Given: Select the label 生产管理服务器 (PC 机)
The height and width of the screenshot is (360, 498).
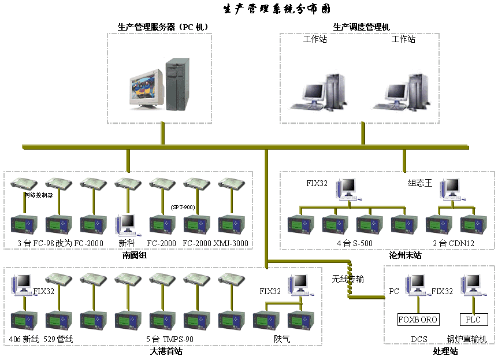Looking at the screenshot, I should click(162, 27).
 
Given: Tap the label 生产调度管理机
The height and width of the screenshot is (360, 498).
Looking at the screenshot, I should click(361, 27).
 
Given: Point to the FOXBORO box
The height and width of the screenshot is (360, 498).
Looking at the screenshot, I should click(418, 320).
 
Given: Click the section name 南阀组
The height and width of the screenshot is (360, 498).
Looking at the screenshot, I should click(135, 255).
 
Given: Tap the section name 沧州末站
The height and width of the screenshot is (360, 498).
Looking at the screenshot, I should click(406, 255).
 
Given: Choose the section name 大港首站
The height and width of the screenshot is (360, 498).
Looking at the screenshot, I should click(166, 351).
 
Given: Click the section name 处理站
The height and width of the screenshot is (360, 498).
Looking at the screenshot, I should click(445, 351).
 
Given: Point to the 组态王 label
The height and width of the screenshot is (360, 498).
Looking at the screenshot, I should click(420, 184).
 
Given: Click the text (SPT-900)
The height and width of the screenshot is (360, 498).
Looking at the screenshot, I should click(184, 207).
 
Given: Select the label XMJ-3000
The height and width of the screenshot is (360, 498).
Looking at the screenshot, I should click(231, 243).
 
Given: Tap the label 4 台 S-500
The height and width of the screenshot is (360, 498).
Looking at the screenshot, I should click(355, 243).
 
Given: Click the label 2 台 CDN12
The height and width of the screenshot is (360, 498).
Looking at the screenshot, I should click(454, 243).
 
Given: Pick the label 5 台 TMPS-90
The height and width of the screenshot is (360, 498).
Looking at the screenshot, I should click(169, 339).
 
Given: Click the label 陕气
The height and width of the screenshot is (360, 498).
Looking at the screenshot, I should click(283, 339).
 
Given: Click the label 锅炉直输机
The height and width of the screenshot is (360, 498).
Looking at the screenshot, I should click(467, 339).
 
